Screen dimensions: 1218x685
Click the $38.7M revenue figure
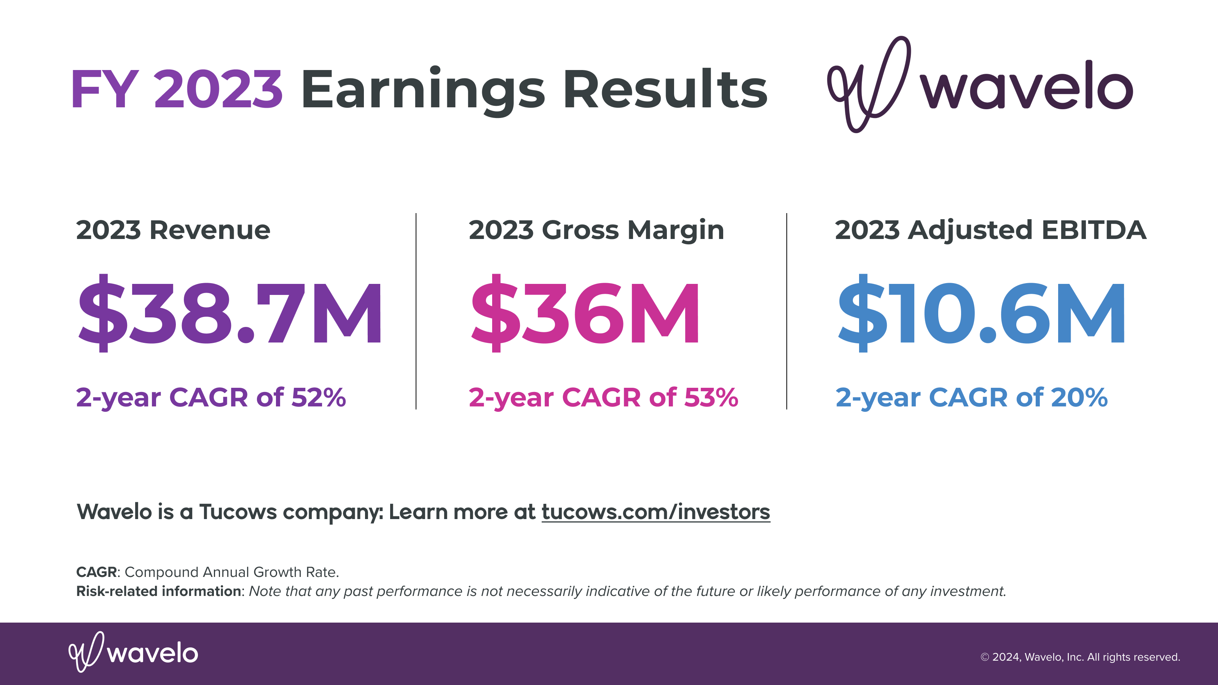coord(230,313)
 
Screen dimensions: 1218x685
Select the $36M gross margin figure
coord(585,313)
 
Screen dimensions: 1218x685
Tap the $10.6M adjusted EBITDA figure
coord(981,313)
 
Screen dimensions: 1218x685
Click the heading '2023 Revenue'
coord(173,230)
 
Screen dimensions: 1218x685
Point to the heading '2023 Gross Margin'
coord(596,231)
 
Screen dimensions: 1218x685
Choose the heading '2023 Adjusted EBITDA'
coord(990,231)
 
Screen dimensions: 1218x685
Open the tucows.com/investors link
coord(656,512)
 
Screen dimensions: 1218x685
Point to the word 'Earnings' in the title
coord(423,91)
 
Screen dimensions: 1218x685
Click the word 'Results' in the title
coord(665,88)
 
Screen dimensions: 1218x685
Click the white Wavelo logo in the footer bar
coord(133,652)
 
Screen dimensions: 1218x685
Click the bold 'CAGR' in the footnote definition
coord(96,572)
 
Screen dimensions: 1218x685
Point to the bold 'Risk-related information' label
coord(159,591)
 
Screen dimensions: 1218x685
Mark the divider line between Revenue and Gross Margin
coord(416,311)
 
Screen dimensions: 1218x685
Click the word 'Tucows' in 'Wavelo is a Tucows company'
coord(238,512)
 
